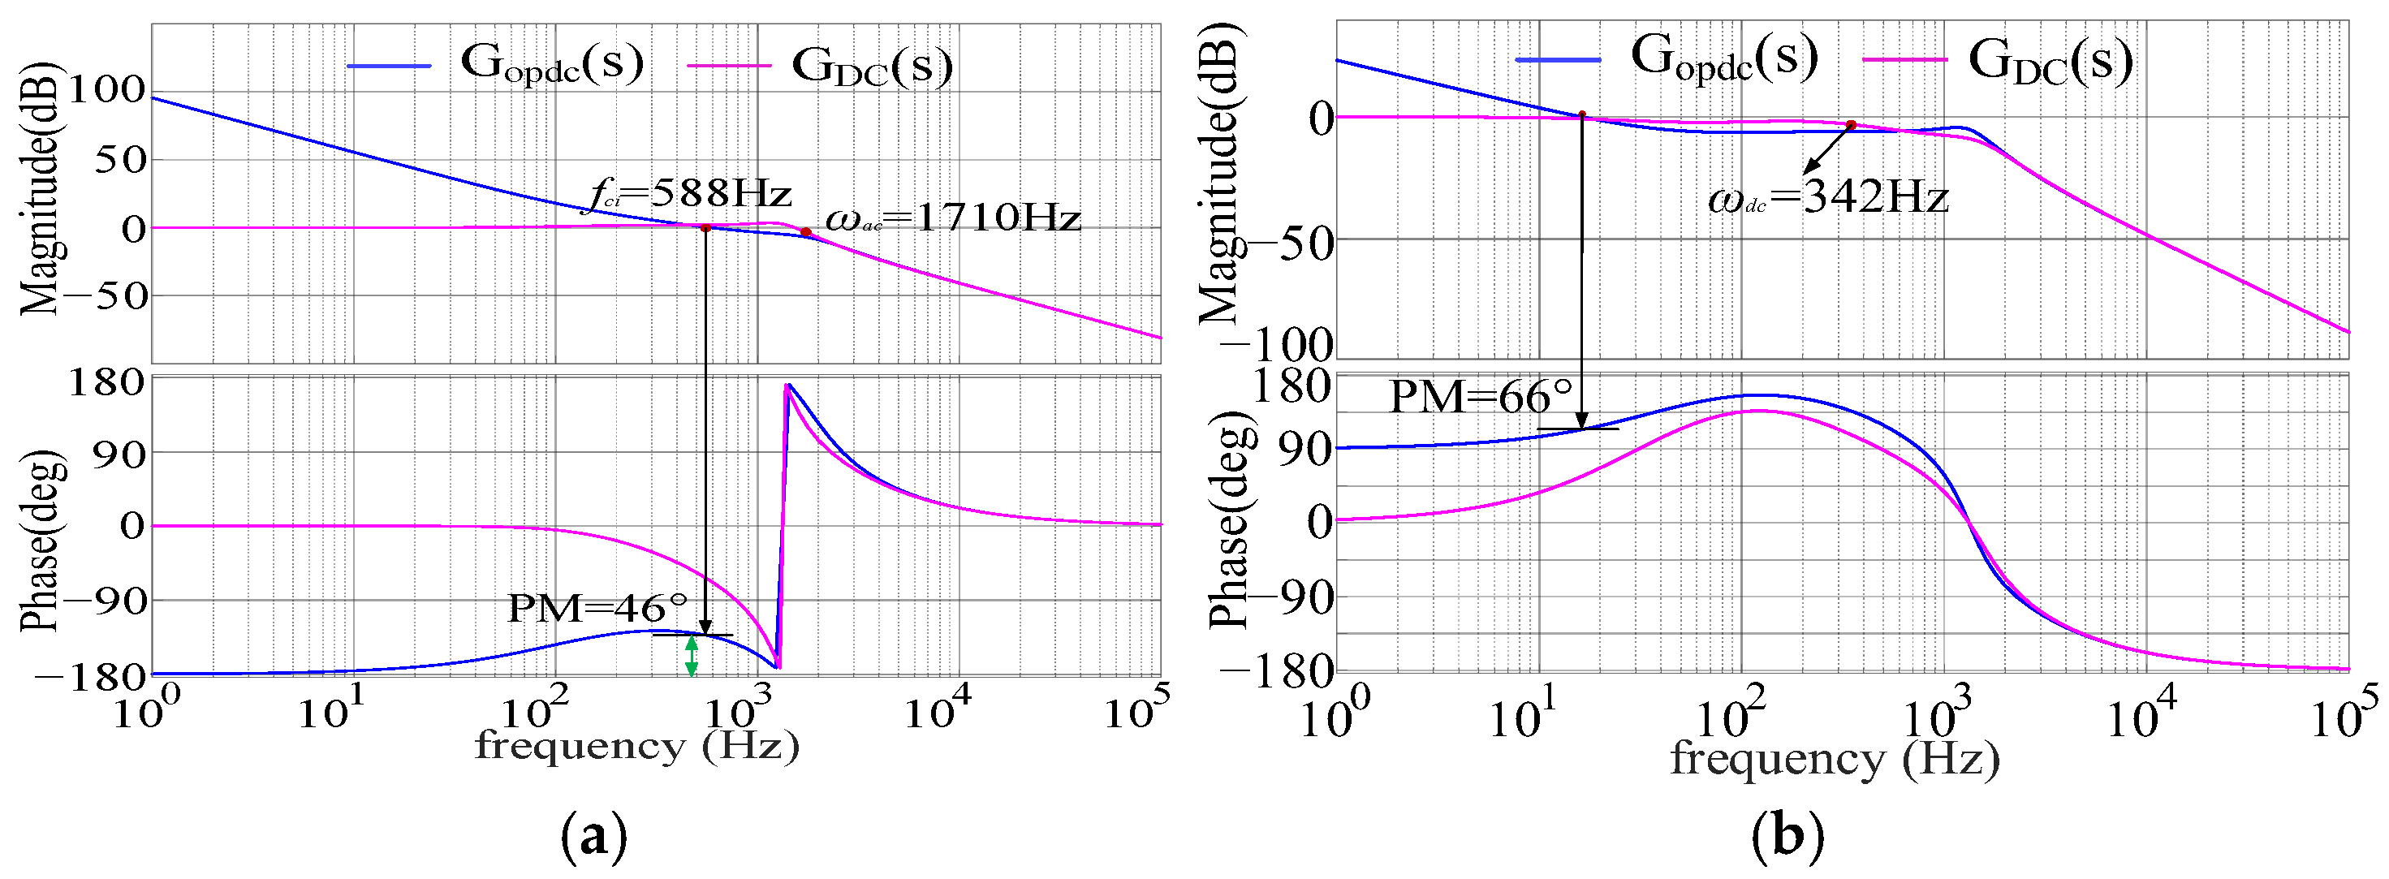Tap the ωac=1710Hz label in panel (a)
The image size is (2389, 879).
click(952, 219)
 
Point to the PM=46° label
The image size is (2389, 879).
click(598, 610)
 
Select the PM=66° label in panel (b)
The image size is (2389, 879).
click(1481, 398)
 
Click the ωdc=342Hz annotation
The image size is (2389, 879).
click(1828, 197)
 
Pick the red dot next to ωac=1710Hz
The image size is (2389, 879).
click(805, 233)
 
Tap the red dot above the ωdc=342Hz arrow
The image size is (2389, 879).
click(1850, 125)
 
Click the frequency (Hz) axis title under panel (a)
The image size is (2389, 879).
click(637, 747)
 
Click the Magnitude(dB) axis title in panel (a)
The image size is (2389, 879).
click(39, 190)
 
